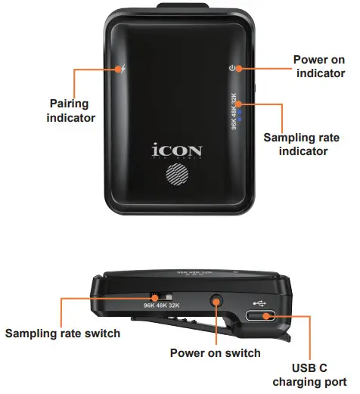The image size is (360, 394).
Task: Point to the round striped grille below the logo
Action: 178,178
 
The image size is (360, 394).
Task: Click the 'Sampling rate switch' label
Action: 63,334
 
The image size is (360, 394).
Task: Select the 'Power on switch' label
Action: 215,352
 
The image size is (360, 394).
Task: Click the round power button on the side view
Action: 216,302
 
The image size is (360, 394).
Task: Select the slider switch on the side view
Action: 161,296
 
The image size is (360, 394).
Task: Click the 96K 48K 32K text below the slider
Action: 162,306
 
